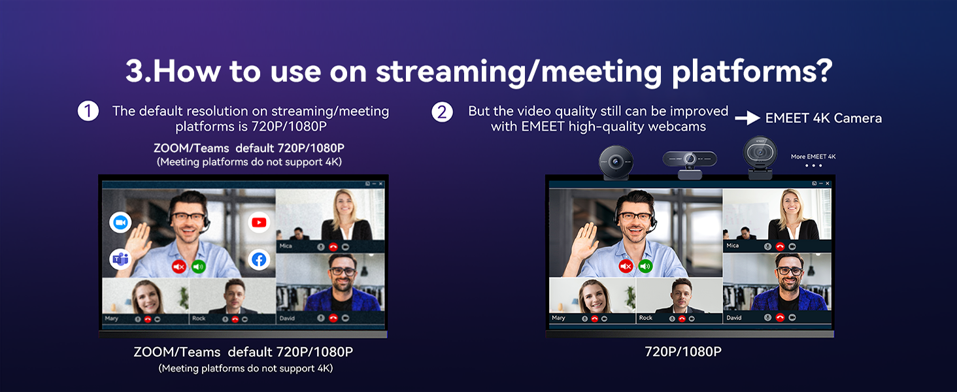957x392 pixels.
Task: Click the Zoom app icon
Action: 120,223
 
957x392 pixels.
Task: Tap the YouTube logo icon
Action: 260,223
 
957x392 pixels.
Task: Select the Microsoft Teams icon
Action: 120,259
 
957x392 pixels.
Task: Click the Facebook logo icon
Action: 260,260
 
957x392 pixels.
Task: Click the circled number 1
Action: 88,111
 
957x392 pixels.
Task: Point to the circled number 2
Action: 443,112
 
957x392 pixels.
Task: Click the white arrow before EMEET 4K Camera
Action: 747,118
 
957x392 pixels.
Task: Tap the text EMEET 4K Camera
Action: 824,118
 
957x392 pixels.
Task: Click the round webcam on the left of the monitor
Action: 616,161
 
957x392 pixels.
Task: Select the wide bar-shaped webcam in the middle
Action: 690,159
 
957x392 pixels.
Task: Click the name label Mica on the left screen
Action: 286,246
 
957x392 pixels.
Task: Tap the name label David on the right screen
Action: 734,318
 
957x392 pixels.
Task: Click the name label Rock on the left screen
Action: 199,319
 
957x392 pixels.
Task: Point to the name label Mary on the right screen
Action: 558,318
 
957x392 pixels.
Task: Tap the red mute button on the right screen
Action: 626,266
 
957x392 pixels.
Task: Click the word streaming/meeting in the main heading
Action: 519,71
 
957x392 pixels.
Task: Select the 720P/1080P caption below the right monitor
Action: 683,351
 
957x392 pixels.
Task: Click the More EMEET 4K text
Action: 813,157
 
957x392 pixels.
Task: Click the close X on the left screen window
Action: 381,184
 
